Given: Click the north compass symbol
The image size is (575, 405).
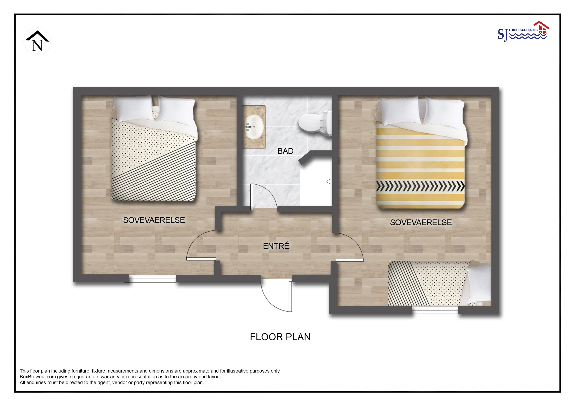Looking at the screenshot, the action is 37,41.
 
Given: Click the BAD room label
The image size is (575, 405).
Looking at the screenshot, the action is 285,151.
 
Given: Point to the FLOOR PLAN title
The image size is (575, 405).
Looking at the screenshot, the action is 280,337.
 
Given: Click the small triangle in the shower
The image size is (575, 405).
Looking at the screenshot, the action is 328,182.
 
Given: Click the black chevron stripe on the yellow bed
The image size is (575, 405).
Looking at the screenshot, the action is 420,186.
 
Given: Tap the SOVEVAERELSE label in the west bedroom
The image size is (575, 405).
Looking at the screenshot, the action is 154,220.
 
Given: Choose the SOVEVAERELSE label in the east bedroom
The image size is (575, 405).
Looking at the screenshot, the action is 421,222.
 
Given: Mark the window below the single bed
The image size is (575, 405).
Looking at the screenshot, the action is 435,310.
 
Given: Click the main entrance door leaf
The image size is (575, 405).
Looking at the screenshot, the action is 290,296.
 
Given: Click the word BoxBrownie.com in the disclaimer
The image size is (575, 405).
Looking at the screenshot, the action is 38,377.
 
